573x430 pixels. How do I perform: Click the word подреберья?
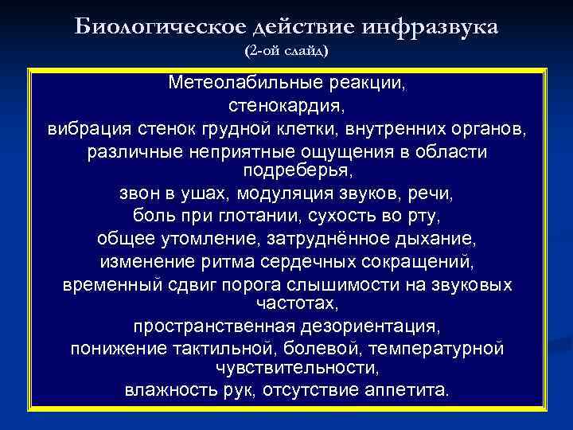click(286, 170)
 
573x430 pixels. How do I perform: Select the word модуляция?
click(306, 193)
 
